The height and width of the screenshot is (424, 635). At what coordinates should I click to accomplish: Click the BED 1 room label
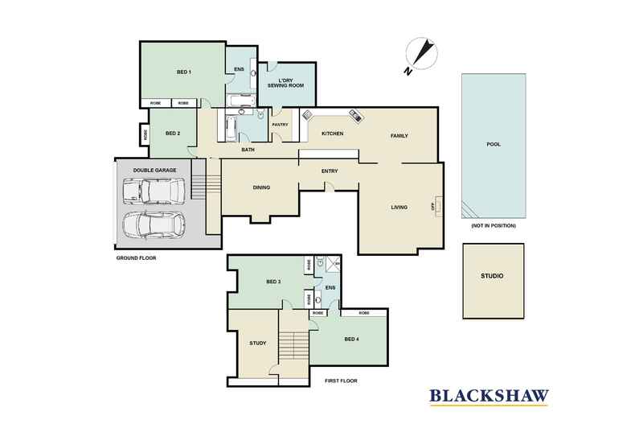(x=184, y=72)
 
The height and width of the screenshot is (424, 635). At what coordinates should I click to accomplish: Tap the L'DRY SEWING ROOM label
(x=285, y=83)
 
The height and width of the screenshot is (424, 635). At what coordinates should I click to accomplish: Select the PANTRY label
(x=281, y=125)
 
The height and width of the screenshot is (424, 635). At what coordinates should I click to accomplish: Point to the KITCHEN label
(x=332, y=134)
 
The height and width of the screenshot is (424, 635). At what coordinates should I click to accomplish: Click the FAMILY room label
(x=399, y=136)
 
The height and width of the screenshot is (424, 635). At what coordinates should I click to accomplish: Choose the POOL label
(x=494, y=144)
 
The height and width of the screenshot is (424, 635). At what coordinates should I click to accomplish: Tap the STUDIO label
(x=492, y=276)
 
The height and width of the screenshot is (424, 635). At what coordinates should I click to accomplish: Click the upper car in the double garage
(x=154, y=191)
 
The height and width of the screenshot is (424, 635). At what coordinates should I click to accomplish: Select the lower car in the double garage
(x=154, y=225)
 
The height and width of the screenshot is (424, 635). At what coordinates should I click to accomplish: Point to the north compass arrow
(x=421, y=53)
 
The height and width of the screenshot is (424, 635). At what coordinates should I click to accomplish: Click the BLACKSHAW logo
(x=489, y=396)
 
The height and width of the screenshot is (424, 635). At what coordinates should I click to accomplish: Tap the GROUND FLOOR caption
(x=136, y=257)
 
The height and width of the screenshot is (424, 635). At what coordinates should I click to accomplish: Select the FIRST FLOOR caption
(x=341, y=381)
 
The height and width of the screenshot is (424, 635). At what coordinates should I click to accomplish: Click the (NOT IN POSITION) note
(x=494, y=225)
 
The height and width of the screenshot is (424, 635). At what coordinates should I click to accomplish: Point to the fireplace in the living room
(x=438, y=206)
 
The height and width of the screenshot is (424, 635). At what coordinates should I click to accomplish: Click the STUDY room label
(x=257, y=344)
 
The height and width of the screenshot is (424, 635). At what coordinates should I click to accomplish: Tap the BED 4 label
(x=351, y=340)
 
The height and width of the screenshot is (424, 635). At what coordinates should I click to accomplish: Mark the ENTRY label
(x=330, y=171)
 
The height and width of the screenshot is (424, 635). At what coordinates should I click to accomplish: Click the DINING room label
(x=261, y=187)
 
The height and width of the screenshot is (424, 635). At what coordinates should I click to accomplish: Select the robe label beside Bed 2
(x=145, y=134)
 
